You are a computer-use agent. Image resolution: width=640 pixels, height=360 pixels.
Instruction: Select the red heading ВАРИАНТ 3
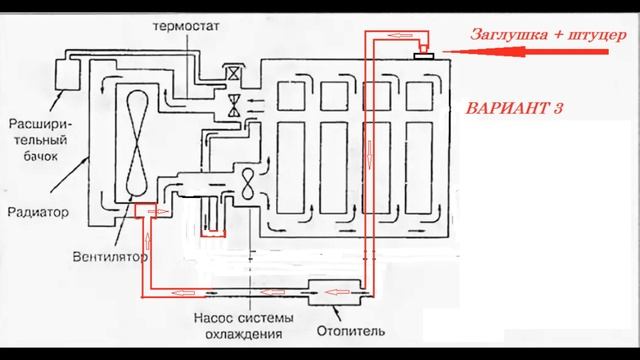(508, 108)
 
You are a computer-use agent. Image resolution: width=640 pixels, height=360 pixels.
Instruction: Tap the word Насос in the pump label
(208, 318)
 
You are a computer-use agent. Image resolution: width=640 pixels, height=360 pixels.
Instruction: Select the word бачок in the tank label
(41, 158)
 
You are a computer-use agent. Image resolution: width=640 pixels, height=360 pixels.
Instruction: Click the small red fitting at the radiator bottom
(140, 210)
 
